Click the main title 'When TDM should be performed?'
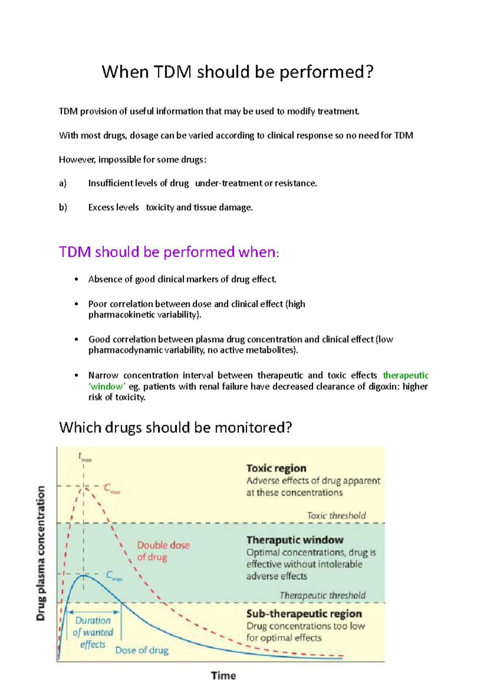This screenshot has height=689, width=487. (x=237, y=72)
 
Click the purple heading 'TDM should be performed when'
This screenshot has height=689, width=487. (x=168, y=252)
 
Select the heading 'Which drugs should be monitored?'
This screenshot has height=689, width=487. (x=175, y=427)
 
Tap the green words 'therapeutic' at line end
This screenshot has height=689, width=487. (x=405, y=375)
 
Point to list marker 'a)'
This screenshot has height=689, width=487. (x=62, y=183)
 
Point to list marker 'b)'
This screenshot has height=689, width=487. (x=63, y=207)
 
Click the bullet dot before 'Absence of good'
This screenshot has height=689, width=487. (x=76, y=279)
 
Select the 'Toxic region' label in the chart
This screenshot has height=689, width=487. (x=276, y=468)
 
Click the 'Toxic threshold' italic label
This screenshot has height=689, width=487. (x=336, y=516)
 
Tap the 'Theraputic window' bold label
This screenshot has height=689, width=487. (x=295, y=540)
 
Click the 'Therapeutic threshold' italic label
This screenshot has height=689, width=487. (x=323, y=595)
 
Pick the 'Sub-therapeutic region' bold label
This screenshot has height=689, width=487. (x=304, y=614)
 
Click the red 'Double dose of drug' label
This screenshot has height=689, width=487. (x=163, y=551)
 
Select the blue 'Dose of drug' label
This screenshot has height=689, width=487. (x=142, y=650)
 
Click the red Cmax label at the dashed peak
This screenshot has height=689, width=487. (x=112, y=489)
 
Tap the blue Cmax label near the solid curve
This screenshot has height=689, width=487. (x=113, y=576)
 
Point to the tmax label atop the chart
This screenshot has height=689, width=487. (x=85, y=457)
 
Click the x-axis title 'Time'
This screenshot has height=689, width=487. (x=223, y=676)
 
